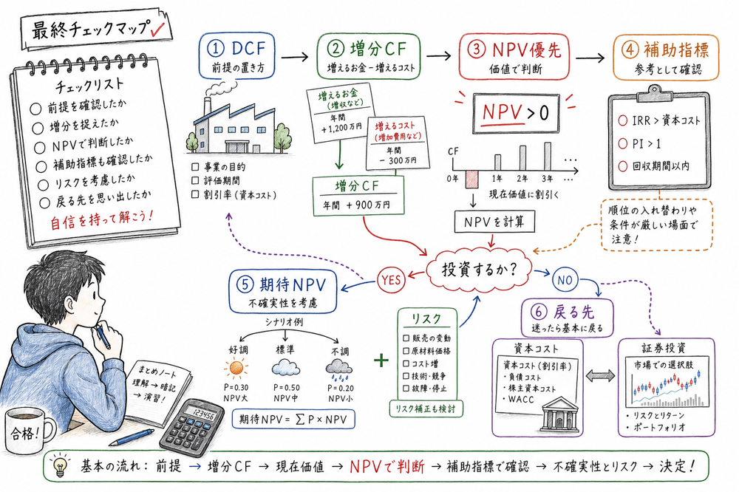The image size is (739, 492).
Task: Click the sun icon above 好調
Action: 236,367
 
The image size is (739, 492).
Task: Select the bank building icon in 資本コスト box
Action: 559,416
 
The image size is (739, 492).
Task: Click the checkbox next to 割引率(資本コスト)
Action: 194,195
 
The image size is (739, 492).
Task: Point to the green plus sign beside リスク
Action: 381,360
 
